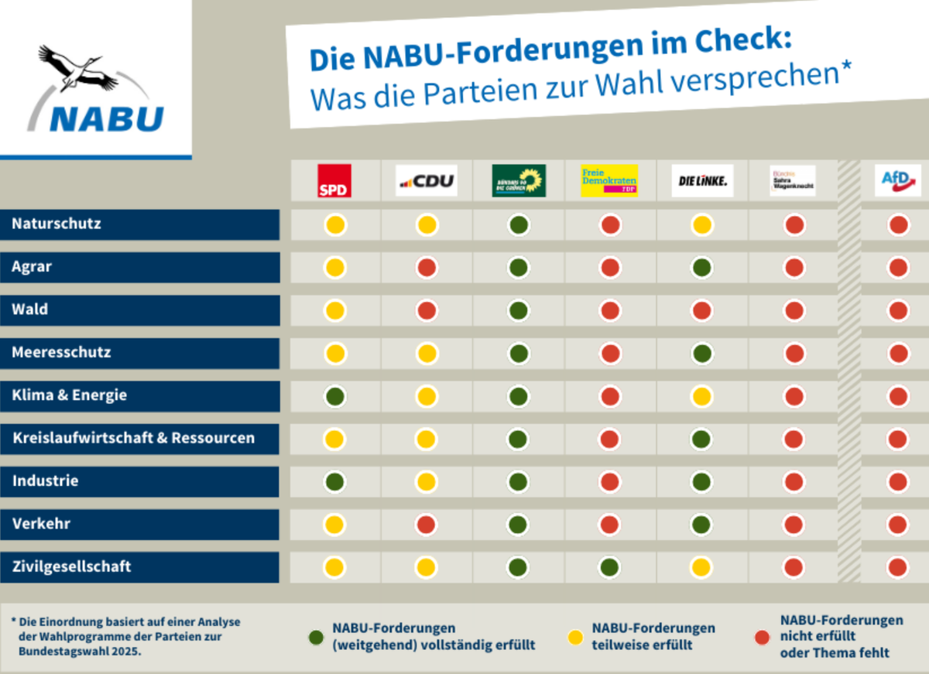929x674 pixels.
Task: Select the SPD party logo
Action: pyautogui.click(x=334, y=180)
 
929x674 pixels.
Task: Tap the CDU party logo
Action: pyautogui.click(x=426, y=181)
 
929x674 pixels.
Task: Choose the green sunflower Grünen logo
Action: pyautogui.click(x=519, y=180)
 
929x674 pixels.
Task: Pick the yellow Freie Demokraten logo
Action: pyautogui.click(x=610, y=180)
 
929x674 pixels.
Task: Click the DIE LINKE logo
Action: pyautogui.click(x=702, y=181)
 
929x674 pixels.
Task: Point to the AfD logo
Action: pyautogui.click(x=897, y=180)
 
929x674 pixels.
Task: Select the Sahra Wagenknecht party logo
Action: pyautogui.click(x=793, y=181)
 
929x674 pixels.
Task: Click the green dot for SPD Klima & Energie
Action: pyautogui.click(x=335, y=396)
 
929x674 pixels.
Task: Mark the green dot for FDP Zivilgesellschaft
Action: pyautogui.click(x=610, y=567)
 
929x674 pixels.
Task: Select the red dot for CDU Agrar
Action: pyautogui.click(x=427, y=268)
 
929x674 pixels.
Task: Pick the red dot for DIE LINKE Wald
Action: pyautogui.click(x=702, y=310)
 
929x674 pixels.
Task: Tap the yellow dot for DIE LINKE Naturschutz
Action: pyautogui.click(x=702, y=225)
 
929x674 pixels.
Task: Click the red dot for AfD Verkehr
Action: pyautogui.click(x=898, y=525)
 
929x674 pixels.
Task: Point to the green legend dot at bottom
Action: pyautogui.click(x=316, y=638)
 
